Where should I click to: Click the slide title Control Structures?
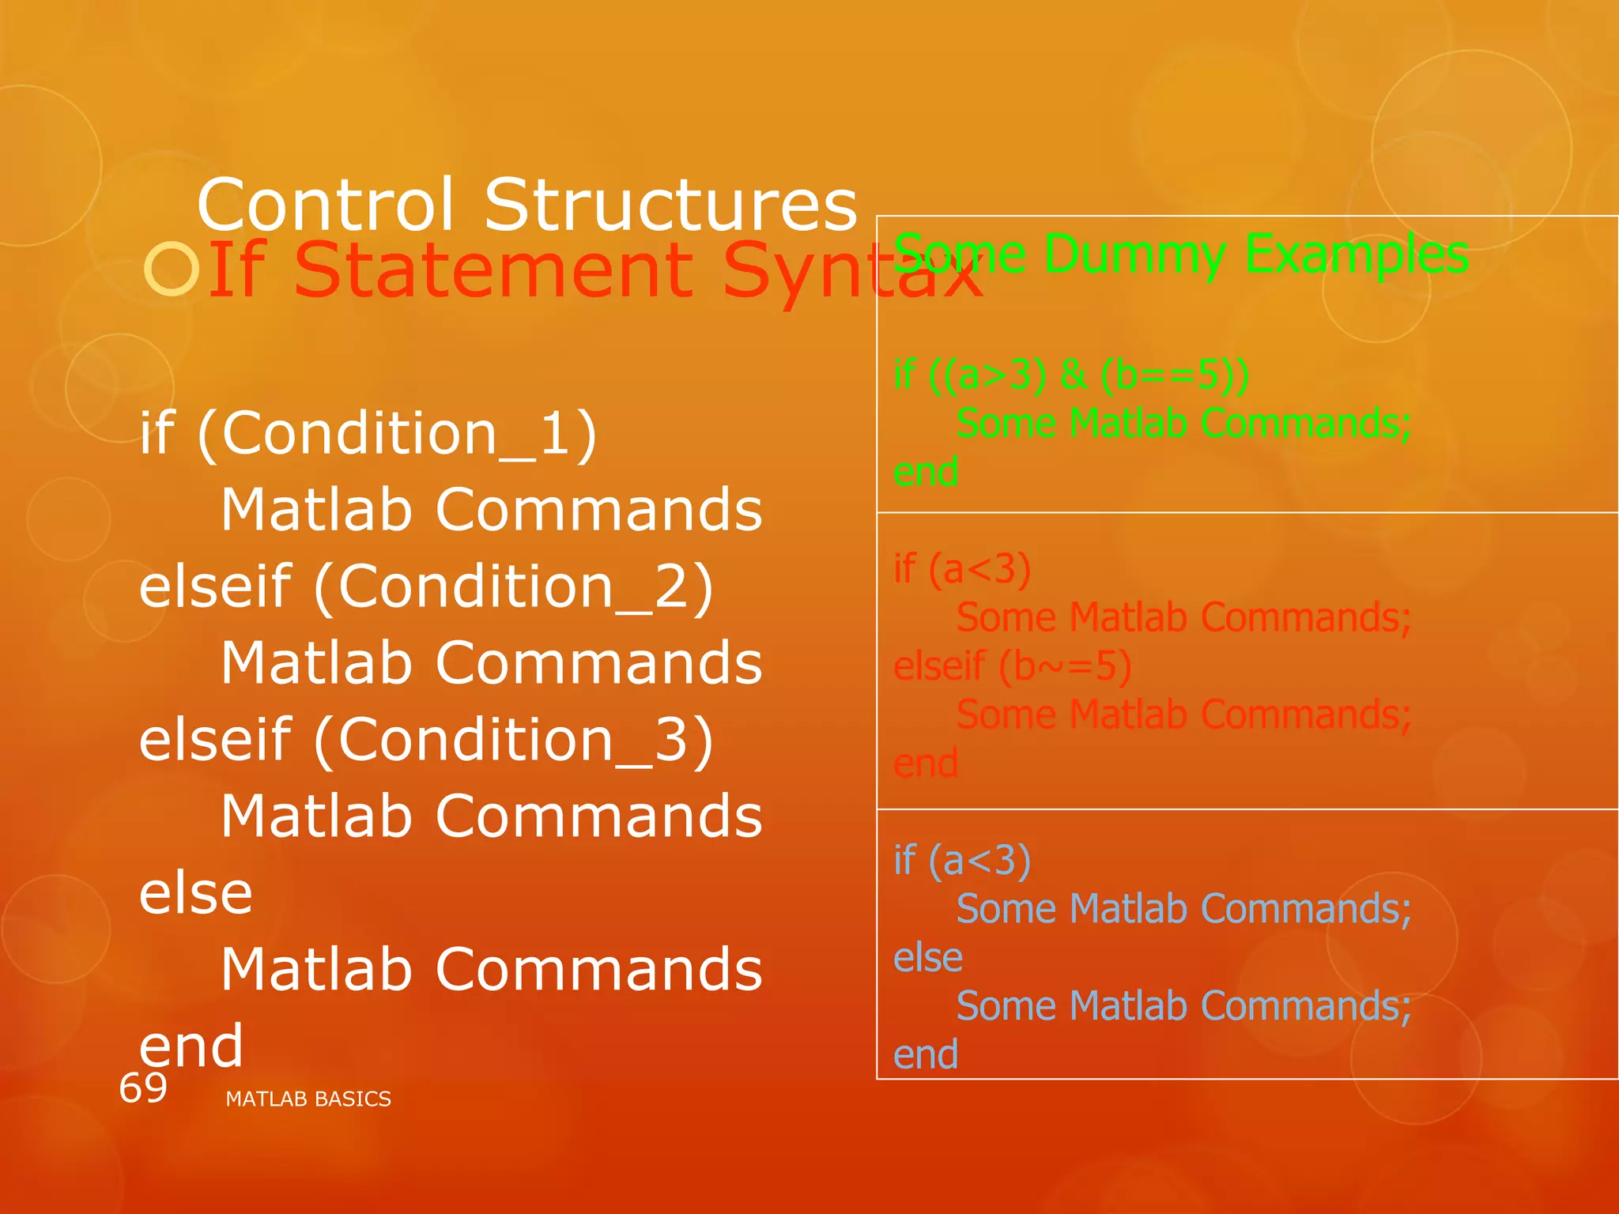526,205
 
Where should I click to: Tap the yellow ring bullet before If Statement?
171,270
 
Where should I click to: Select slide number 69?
143,1088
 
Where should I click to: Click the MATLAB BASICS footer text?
308,1099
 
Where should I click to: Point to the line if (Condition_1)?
368,433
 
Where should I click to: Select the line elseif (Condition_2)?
427,586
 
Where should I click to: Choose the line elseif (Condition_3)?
427,740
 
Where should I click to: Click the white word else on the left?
196,893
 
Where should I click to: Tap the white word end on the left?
191,1045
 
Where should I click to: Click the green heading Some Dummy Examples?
1181,254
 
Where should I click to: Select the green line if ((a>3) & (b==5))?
1070,375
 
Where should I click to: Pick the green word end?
925,472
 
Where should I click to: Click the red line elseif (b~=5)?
1012,666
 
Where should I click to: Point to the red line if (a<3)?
961,569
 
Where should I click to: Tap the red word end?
925,763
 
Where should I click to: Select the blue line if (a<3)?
961,860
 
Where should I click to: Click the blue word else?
927,958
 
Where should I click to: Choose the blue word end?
925,1055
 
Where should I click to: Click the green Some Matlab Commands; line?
1183,424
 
